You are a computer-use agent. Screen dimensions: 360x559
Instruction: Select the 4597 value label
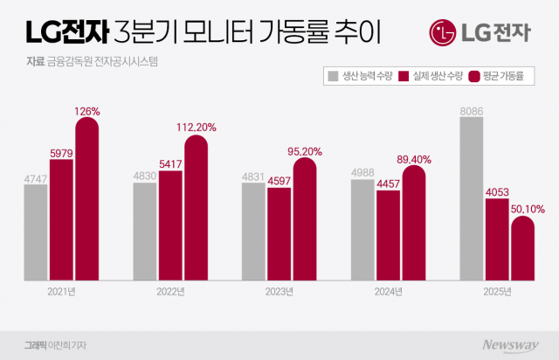279,180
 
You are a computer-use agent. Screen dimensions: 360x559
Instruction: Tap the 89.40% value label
415,158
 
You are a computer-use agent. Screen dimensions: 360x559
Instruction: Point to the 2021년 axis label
62,292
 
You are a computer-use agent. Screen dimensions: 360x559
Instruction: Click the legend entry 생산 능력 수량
360,77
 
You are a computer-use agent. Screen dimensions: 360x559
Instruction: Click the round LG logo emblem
445,34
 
